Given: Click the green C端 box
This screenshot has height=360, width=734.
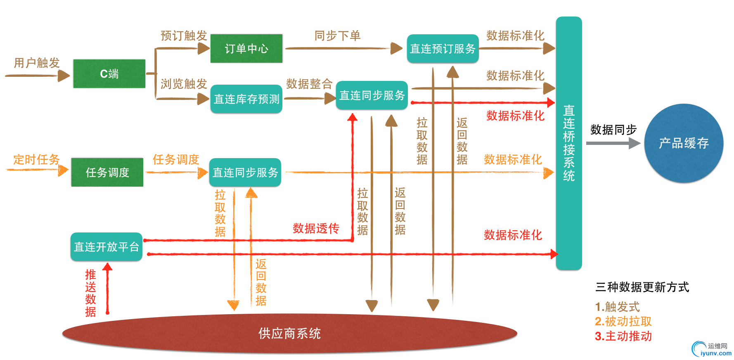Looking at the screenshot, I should pyautogui.click(x=109, y=73).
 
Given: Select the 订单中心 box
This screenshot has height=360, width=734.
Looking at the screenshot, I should pyautogui.click(x=246, y=49).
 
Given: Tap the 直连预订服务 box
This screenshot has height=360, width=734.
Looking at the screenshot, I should pyautogui.click(x=443, y=49).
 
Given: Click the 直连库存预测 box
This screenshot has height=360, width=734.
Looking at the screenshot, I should pyautogui.click(x=246, y=99).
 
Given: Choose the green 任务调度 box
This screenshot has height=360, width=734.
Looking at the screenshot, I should pyautogui.click(x=107, y=172).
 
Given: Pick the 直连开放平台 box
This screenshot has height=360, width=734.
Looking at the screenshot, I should pyautogui.click(x=106, y=247).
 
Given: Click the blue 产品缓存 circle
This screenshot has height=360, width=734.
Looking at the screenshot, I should pyautogui.click(x=684, y=143).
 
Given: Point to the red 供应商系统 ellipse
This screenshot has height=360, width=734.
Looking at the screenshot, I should pyautogui.click(x=289, y=334).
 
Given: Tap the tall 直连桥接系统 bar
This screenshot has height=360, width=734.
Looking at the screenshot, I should pyautogui.click(x=568, y=143).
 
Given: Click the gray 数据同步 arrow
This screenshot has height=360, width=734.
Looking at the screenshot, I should pyautogui.click(x=613, y=143).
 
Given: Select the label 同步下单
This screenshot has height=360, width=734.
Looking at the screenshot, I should pyautogui.click(x=337, y=36).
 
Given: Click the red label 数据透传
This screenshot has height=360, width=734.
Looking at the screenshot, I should pyautogui.click(x=316, y=228).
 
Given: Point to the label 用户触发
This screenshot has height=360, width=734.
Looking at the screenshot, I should pyautogui.click(x=37, y=63).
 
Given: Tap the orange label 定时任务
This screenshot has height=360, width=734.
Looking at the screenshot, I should pyautogui.click(x=36, y=159).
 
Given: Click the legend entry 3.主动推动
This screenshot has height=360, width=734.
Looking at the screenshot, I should pyautogui.click(x=623, y=336).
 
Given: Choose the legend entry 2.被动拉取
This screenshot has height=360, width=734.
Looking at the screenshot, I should pyautogui.click(x=623, y=322).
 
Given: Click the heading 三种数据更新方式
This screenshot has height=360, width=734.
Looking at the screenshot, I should pyautogui.click(x=642, y=287).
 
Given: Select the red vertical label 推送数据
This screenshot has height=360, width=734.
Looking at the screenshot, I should pyautogui.click(x=90, y=293).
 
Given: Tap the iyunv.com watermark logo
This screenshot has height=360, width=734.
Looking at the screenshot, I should pyautogui.click(x=711, y=349).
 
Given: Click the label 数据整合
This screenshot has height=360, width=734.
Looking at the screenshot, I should pyautogui.click(x=309, y=84).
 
